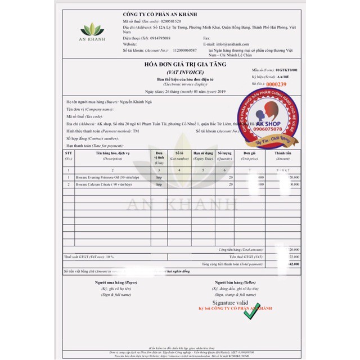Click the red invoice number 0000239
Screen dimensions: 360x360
coord(277,84)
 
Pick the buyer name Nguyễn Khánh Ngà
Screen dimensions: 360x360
coord(137,102)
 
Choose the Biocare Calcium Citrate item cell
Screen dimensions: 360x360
coord(106,184)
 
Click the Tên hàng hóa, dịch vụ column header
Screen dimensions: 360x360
coord(112,155)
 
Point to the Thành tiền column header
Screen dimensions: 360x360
coord(283,155)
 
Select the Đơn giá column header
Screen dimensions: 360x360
coord(250,155)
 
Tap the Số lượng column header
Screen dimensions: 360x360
coord(223,155)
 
